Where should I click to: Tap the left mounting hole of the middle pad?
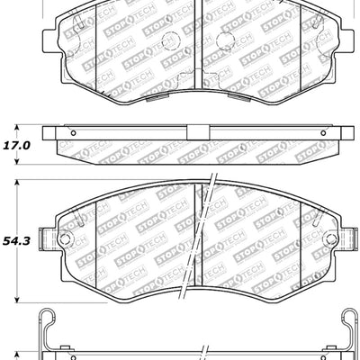(x=63, y=239)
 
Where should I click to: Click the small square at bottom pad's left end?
(x=63, y=353)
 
